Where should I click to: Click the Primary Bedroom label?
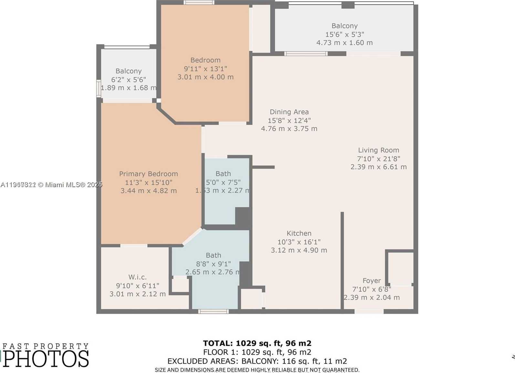pos(149,174)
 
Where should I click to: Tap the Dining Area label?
pos(289,112)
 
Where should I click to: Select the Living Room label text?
pos(378,150)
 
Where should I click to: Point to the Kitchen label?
pos(299,233)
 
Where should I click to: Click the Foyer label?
pos(372,281)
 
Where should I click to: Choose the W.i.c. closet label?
pos(137,277)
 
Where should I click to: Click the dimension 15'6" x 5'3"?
pos(344,34)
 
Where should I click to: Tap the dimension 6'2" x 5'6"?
pos(129,80)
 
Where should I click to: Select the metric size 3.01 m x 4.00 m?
pos(205,77)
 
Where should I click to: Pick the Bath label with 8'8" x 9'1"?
pos(214,255)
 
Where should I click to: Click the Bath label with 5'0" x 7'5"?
pos(223,174)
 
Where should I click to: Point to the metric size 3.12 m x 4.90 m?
pos(299,250)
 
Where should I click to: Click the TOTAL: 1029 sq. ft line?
pos(257,343)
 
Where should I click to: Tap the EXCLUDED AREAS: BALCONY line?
pos(257,361)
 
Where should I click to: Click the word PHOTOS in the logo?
pos(46,359)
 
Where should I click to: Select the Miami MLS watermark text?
pos(52,185)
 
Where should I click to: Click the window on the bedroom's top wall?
pos(199,3)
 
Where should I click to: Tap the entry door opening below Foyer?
pos(369,311)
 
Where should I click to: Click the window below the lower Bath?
pos(214,311)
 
